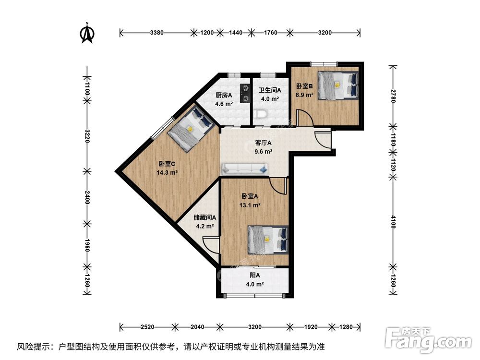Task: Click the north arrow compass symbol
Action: coord(87,33)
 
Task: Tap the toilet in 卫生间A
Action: coord(261,114)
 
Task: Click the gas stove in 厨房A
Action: coord(245,94)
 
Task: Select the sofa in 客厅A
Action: coord(245,168)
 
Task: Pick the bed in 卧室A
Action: coord(268,240)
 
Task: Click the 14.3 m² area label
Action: coord(167,173)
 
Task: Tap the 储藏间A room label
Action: coord(205,217)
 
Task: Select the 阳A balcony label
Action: coord(255,275)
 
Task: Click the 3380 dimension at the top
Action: coord(157,33)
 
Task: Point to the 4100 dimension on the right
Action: coord(394,222)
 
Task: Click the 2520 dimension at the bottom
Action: coord(147,327)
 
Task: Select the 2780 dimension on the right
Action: coord(394,96)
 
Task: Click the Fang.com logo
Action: coord(428,340)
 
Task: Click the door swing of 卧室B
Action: coord(305,118)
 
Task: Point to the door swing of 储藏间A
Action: coord(211,244)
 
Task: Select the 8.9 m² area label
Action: coord(304,95)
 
